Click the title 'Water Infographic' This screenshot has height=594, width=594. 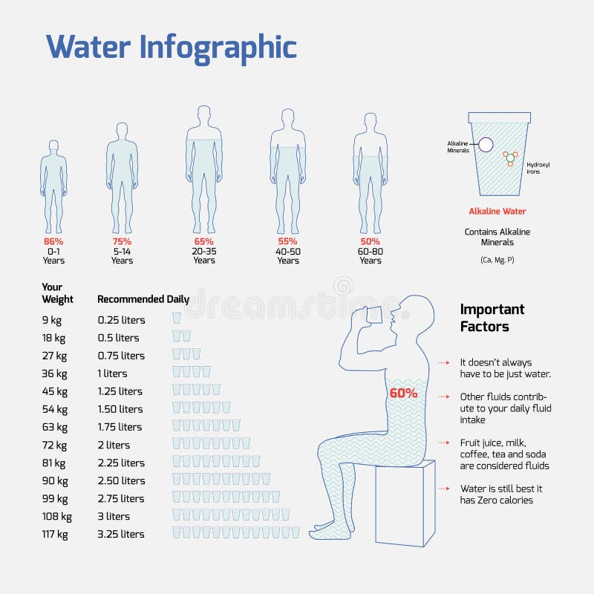pos(172,47)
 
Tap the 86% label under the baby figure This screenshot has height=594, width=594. pos(53,241)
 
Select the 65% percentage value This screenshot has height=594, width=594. pos(204,241)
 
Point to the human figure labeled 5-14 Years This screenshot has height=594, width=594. pos(122,178)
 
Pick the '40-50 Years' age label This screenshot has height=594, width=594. pos(288,255)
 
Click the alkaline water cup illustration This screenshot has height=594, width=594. pos(498,152)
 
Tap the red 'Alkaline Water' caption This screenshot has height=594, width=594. pos(497,212)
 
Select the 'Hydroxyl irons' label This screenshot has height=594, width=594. pos(538,168)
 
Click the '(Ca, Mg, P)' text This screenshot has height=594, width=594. pos(497,260)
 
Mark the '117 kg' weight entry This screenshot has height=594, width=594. pos(56,534)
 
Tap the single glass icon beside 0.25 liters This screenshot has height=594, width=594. pos(177,319)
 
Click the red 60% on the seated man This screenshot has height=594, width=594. pos(402,394)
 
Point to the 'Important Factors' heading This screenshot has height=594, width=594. pos(492,318)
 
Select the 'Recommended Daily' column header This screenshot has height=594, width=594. pos(143,299)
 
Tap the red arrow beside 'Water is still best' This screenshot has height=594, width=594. pos(444,489)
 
